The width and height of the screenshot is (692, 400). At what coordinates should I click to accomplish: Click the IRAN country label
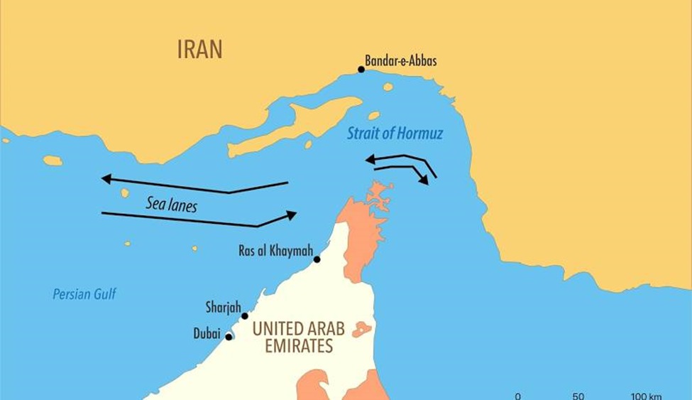coord(199,49)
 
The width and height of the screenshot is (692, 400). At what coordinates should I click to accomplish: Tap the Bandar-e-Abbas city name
coord(400,61)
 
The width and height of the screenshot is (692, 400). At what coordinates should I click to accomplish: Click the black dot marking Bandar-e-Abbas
coord(361,69)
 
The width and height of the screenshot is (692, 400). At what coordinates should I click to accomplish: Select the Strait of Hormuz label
coord(395,134)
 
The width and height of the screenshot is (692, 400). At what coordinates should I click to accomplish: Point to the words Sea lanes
coord(171,205)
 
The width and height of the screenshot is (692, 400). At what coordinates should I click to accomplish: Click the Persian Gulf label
coord(84,293)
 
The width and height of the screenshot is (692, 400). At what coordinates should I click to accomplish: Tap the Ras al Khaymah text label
coord(276,251)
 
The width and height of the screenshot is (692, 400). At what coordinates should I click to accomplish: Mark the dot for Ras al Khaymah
coord(317,259)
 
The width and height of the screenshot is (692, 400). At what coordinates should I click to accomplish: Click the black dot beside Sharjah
coord(245,316)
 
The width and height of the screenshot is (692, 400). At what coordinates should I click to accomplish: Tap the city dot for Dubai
coord(229,337)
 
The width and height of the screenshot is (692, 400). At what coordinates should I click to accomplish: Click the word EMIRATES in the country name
coord(299,347)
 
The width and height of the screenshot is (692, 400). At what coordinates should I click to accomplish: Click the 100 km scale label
coord(645,396)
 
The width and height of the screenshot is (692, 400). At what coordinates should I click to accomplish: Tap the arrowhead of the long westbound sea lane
coord(106,178)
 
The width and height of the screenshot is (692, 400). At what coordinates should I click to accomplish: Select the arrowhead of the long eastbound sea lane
coord(291,214)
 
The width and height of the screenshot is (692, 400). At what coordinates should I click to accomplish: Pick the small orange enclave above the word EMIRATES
coord(361,329)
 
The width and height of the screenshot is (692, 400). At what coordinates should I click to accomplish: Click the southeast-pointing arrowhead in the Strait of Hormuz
coord(424,180)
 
